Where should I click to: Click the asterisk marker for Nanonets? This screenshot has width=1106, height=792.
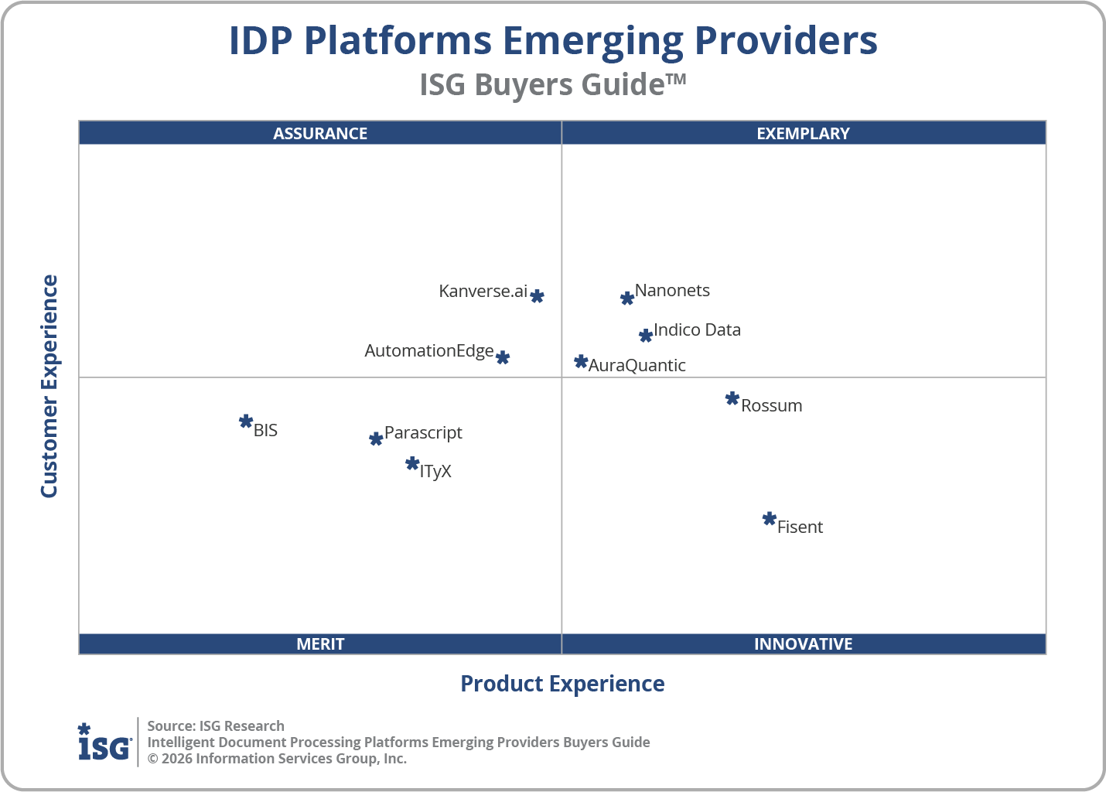coord(627,298)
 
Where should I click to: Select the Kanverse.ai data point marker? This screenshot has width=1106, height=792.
coord(537,296)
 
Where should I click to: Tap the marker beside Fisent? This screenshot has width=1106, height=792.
coord(769,519)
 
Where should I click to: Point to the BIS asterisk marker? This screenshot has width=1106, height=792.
coord(246,422)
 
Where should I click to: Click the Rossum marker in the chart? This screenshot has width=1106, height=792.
coord(732,399)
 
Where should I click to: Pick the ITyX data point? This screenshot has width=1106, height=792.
coord(412,464)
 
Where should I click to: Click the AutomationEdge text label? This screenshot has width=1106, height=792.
coord(428,351)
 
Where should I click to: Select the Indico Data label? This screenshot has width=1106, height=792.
coord(697,330)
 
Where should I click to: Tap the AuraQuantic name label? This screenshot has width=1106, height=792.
coord(637,366)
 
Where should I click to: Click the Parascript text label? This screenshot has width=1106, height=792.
coord(423,433)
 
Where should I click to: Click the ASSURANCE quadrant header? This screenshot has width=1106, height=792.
coord(320,133)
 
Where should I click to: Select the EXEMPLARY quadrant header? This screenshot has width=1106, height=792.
coord(803,133)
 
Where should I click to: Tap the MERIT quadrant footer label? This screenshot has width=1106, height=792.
coord(320,644)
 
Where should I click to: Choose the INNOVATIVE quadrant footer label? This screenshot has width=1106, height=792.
coord(803,644)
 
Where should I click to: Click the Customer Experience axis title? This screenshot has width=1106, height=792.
coord(49,387)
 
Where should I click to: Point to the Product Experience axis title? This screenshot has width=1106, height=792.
coord(562,684)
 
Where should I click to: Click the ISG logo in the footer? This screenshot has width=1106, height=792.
coord(104,742)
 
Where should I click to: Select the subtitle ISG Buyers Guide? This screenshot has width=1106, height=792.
coord(552,84)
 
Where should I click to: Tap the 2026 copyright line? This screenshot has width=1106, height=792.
coord(277,759)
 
